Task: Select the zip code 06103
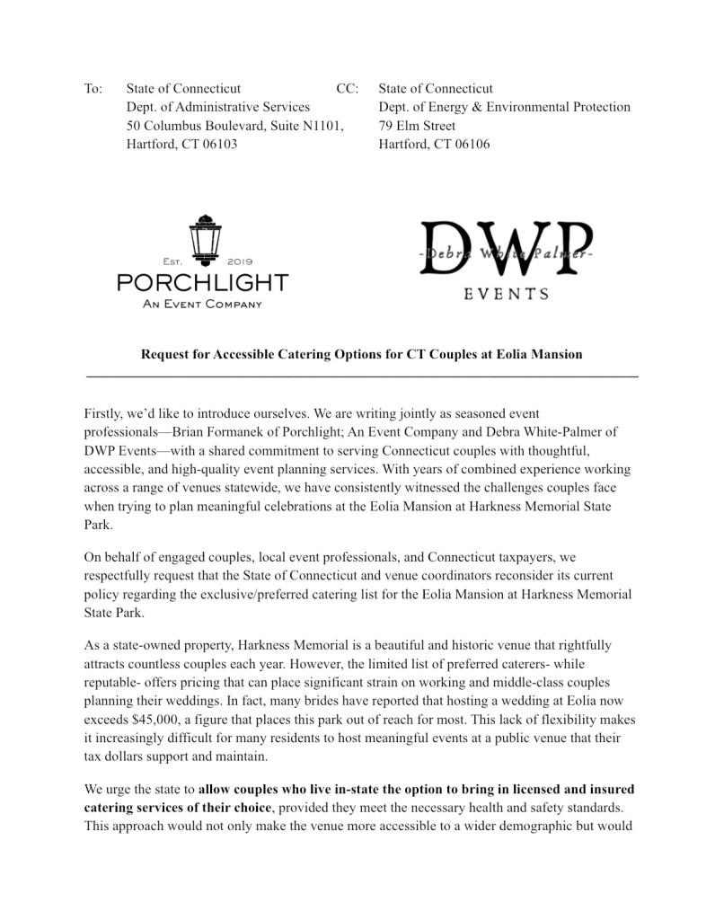[x=218, y=144]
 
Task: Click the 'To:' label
[x=93, y=90]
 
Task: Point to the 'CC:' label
[x=347, y=90]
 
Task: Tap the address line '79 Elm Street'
[x=417, y=126]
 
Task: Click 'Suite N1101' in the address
[x=306, y=126]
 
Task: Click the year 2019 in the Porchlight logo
[x=241, y=261]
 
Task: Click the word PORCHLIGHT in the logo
[x=203, y=282]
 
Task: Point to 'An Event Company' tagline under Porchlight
[x=203, y=304]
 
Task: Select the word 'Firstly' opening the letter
[x=104, y=413]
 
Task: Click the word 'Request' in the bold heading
[x=165, y=354]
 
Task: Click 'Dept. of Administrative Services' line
[x=218, y=108]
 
